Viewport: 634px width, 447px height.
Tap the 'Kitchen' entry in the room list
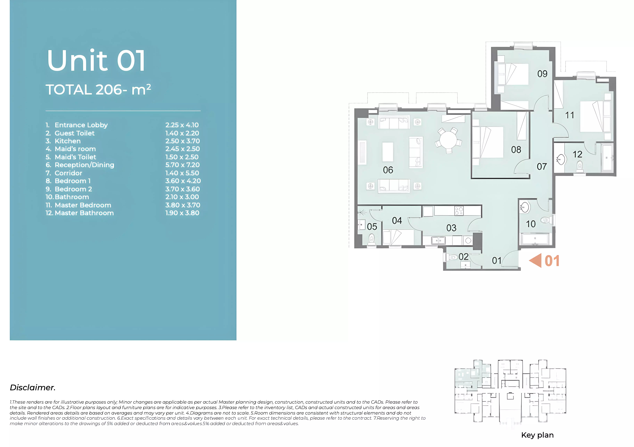[68, 141]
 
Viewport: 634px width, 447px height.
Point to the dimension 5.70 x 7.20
[182, 165]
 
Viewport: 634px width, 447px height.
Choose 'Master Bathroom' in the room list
[84, 213]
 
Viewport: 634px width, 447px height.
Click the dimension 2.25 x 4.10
[182, 125]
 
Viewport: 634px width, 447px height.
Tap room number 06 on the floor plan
[388, 170]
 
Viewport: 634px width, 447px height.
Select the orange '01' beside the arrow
[552, 261]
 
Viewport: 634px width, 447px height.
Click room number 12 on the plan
[577, 154]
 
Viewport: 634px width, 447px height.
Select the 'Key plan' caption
[537, 435]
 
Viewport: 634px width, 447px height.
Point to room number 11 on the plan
[570, 115]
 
